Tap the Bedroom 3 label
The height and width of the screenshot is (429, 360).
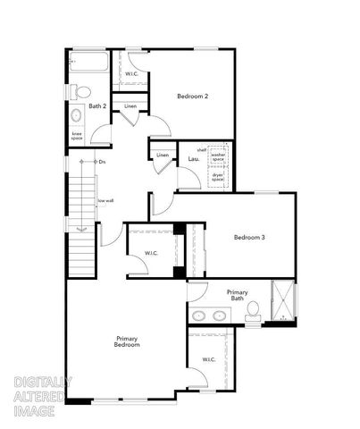[x=250, y=237]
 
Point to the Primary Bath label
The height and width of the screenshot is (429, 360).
[x=237, y=296]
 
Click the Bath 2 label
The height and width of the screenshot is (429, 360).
[x=97, y=106]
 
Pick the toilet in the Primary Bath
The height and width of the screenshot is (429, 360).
[x=254, y=310]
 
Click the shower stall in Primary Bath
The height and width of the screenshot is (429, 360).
[x=283, y=302]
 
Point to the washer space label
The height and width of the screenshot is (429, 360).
[x=218, y=157]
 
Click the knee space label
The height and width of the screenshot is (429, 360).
[x=77, y=137]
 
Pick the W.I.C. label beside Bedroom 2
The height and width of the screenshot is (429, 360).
[x=130, y=73]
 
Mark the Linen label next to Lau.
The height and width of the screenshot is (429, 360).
[x=162, y=156]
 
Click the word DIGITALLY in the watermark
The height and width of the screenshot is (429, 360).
[x=43, y=382]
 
